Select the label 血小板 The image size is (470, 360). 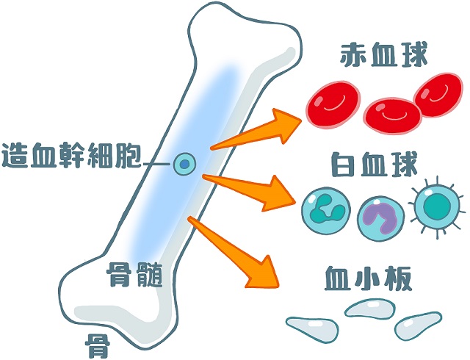tap(365, 280)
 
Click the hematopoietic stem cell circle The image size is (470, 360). tap(184, 164)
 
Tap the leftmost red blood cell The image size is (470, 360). tap(330, 106)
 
